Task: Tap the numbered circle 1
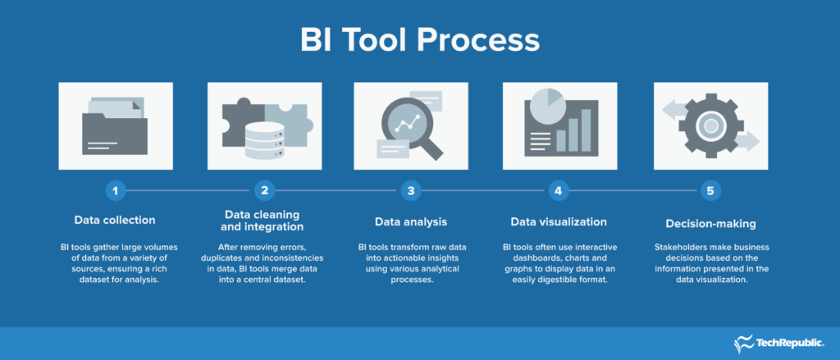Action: (x=116, y=191)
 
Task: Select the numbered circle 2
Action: (x=264, y=191)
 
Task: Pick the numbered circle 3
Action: (x=411, y=191)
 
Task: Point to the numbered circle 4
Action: (x=559, y=191)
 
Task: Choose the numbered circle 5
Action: (x=710, y=191)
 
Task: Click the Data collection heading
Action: (x=115, y=220)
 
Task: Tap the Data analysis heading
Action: (x=411, y=221)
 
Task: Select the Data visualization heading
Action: (x=559, y=221)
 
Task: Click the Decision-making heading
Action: (x=710, y=221)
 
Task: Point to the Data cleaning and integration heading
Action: (x=263, y=220)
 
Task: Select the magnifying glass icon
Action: (x=410, y=127)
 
